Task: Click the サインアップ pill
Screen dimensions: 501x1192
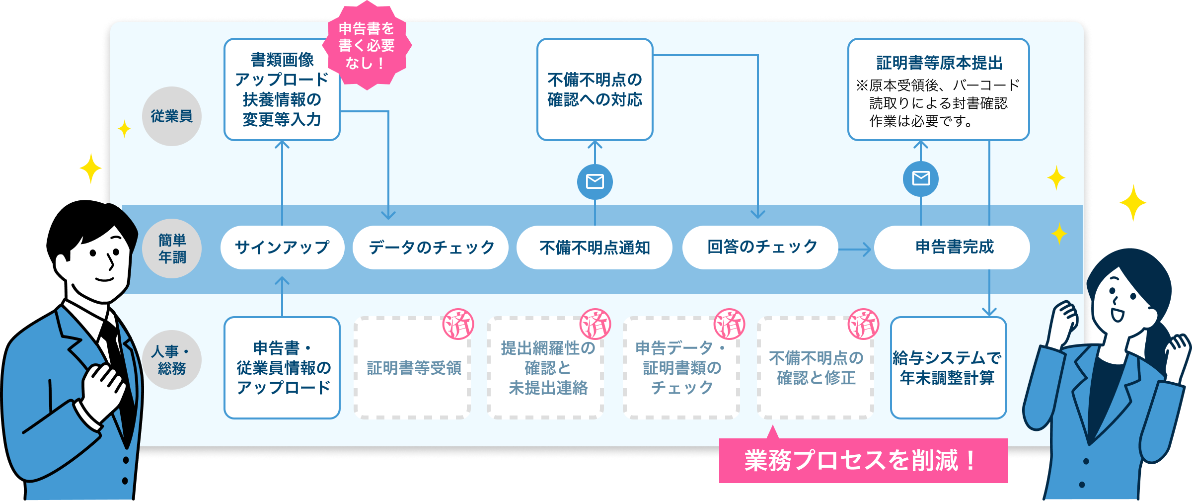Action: pos(282,248)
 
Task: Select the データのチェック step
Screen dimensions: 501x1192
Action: pos(431,248)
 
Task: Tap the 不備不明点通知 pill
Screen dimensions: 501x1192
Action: pos(595,248)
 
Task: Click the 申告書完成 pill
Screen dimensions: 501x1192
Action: pos(952,248)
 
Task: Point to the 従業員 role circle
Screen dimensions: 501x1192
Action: pos(172,116)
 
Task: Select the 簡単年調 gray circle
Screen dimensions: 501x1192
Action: pos(172,249)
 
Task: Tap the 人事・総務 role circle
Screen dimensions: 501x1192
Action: pos(172,360)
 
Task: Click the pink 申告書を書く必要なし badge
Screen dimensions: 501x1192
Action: pos(367,46)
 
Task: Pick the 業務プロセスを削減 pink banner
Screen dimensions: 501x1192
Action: pos(863,460)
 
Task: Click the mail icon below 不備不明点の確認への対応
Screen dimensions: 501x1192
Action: pos(595,181)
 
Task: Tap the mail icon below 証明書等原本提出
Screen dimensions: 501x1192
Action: pos(921,178)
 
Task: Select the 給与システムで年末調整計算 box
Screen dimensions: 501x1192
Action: pos(948,368)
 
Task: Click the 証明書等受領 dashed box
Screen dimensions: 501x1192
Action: pos(413,368)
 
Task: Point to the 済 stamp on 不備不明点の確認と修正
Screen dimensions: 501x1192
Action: pos(863,324)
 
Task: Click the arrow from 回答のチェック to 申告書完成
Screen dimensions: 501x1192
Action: pos(855,249)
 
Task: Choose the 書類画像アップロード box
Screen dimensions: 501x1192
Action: pos(282,89)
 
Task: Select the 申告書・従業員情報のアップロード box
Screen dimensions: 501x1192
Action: pos(282,368)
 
